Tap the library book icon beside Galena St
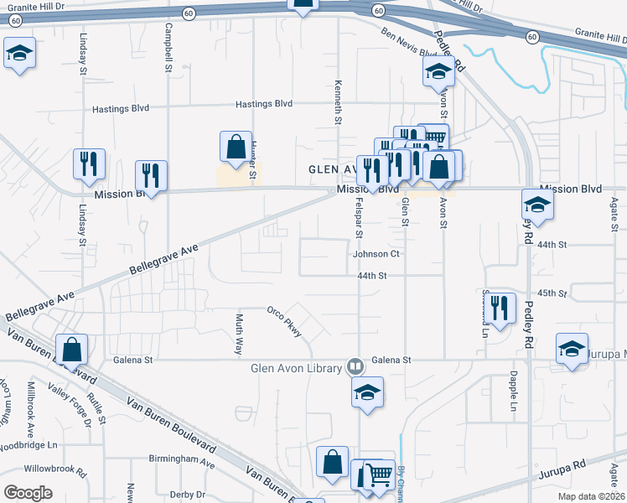point(355,366)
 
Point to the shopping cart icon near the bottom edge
point(379,474)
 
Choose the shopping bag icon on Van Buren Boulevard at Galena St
point(72,348)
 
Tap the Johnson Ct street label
point(380,253)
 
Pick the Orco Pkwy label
point(283,318)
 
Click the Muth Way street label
point(238,329)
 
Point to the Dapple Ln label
point(512,394)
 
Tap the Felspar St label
point(359,214)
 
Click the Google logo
point(28,493)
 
